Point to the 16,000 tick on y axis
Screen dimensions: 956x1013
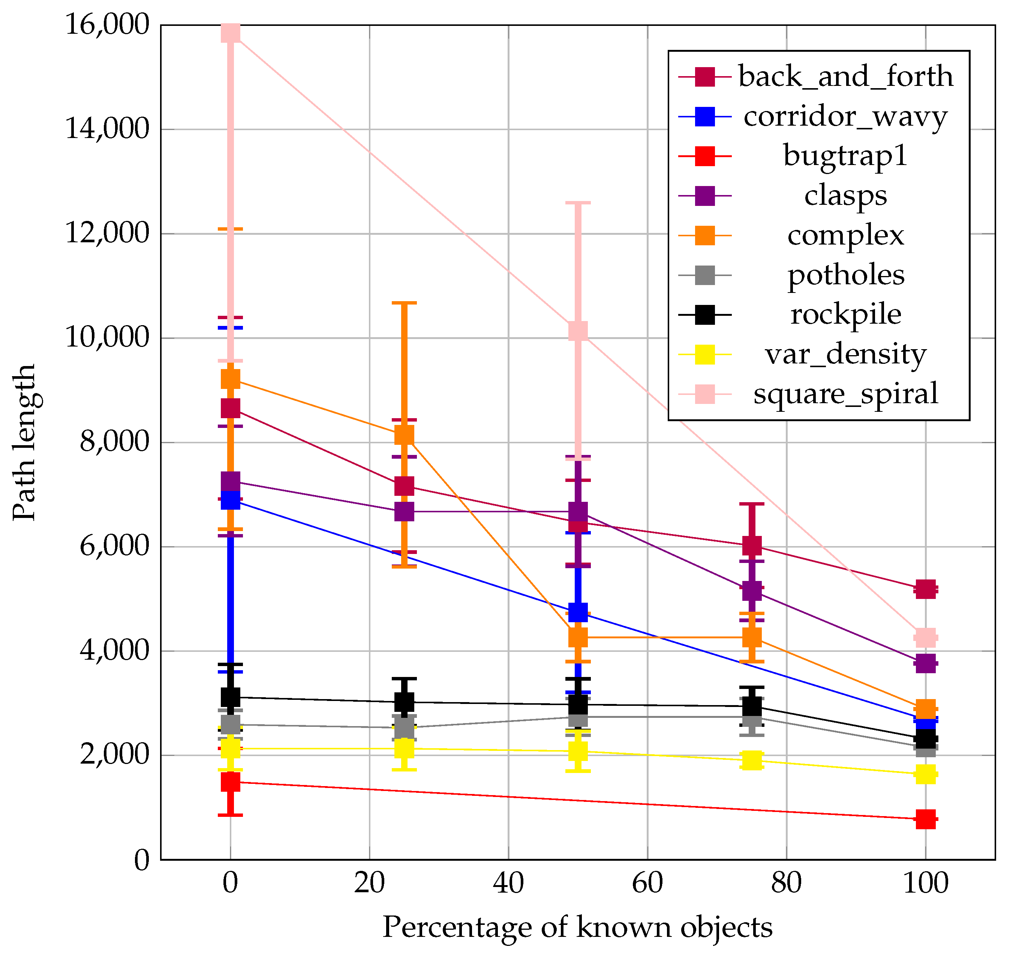coord(107,24)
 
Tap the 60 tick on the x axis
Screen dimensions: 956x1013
coord(647,882)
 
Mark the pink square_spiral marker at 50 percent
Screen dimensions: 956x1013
coord(578,330)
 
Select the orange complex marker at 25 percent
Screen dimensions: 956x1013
coord(404,435)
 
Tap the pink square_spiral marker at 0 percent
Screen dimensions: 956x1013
coord(230,33)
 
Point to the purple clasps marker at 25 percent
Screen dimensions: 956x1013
coord(404,512)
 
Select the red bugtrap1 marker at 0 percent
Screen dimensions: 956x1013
coord(230,782)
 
